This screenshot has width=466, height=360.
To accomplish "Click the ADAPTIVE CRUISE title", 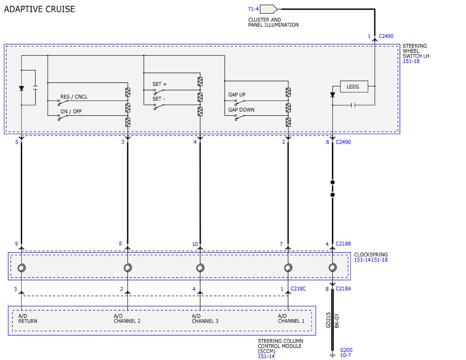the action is pos(40,9).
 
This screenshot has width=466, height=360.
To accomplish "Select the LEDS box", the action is pos(354,87).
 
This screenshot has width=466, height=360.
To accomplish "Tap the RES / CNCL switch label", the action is pos(74,97).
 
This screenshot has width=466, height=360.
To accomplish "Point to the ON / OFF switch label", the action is pos(71,111).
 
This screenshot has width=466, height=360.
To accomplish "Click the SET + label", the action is pos(159,84).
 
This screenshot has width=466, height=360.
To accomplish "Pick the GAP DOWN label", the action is pos(241,110).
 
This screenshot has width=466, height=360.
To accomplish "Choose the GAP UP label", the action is pos(237,94).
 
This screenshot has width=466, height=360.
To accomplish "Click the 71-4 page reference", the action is pos(253,9).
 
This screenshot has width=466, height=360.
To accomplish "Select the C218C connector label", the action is pos(298,289).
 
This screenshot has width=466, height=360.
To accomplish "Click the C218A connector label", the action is pos(343,289).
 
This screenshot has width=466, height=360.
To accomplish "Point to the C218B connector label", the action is pos(343,243).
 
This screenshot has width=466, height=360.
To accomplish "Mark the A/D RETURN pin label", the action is pos(28,318).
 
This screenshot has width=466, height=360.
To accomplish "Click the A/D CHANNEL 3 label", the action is pos(205,318).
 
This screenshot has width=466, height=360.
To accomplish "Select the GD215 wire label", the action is pos(328,320).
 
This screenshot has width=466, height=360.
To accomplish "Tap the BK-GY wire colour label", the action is pos(337,321).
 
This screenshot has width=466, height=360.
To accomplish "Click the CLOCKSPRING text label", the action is pos(371,254).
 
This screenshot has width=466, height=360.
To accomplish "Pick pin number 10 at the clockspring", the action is pos(195,244).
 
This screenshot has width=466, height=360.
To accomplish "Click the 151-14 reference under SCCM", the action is pos(266,357).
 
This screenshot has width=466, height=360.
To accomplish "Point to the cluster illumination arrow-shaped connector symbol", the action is pos(268,9).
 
